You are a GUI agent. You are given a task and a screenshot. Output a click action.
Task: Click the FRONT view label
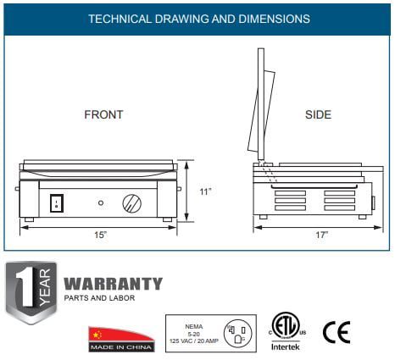103,114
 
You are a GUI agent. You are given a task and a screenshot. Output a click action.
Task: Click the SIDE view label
318,114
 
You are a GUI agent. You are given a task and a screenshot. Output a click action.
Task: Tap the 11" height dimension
205,191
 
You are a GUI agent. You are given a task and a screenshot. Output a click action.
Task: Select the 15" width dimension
101,235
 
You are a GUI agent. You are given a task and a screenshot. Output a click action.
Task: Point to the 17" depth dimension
322,235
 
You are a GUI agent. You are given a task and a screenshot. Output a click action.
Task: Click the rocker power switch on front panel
57,203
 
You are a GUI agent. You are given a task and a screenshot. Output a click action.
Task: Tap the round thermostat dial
132,203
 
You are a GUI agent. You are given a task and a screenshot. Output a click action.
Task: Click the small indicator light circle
101,202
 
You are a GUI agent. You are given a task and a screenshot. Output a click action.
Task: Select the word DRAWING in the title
181,19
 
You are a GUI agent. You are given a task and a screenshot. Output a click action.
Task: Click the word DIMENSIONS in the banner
274,19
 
